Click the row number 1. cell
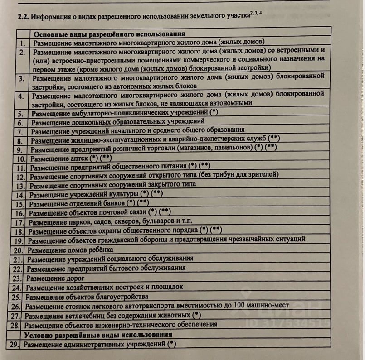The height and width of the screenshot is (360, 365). click(x=23, y=43)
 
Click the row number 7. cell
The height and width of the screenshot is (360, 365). click(x=21, y=131)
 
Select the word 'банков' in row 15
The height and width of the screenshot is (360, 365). click(x=113, y=203)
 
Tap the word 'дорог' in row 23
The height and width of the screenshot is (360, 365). click(x=75, y=278)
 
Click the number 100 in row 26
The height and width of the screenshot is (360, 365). click(x=233, y=305)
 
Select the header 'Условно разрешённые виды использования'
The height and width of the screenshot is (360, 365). click(x=97, y=335)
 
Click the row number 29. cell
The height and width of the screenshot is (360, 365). click(x=15, y=344)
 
